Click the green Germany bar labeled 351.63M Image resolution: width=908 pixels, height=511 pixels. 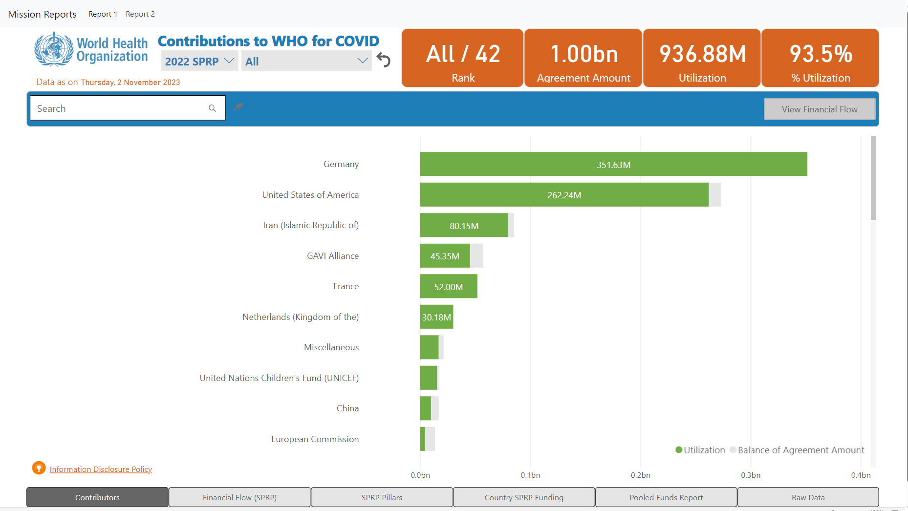613,164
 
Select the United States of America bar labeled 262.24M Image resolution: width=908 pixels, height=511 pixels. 564,195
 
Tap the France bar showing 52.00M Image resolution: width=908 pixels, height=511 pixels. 448,286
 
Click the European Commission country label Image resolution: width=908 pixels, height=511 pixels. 315,439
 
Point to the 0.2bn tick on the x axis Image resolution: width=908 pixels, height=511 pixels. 640,475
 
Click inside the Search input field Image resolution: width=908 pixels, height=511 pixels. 120,108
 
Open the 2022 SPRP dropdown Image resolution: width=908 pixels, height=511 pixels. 199,61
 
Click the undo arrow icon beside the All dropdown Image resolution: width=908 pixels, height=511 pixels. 384,61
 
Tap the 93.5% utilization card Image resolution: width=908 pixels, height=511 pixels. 820,58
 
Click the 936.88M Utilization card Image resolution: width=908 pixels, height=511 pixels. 702,58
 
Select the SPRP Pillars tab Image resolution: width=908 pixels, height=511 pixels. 382,497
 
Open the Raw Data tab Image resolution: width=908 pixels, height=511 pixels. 808,497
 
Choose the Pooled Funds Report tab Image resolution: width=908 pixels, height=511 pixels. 666,497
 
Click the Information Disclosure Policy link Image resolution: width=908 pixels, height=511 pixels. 101,469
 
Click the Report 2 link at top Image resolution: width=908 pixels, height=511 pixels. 140,14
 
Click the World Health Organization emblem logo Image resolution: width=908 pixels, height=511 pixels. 53,49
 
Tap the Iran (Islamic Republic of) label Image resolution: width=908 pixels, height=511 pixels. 310,225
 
